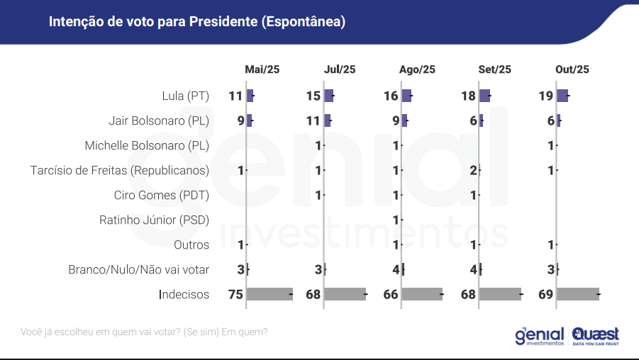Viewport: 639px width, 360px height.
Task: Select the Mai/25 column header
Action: [262, 69]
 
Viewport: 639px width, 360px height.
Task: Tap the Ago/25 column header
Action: [417, 69]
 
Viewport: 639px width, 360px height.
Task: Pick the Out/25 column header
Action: [572, 69]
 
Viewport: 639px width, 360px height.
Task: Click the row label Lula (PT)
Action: [186, 96]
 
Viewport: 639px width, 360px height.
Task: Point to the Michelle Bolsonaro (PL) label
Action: [147, 146]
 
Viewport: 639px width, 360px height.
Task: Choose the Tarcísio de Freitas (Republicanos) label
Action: [120, 171]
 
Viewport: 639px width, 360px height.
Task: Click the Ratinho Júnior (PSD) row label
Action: [154, 220]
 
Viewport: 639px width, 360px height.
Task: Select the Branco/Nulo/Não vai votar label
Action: [139, 270]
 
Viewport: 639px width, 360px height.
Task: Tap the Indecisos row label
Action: [184, 294]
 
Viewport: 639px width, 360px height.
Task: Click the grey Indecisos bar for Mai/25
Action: [269, 294]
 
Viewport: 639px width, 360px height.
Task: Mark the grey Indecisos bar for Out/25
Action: [578, 294]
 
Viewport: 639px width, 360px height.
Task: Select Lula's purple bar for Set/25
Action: [484, 96]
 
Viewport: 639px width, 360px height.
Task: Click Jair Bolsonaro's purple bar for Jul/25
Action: [328, 121]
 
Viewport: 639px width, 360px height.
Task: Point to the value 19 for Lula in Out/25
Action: [545, 96]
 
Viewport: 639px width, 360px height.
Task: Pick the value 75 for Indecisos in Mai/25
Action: [235, 294]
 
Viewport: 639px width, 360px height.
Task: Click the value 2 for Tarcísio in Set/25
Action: [473, 171]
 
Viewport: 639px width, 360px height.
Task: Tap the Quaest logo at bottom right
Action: [596, 335]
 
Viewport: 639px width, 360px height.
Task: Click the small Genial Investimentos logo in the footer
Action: [540, 335]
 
